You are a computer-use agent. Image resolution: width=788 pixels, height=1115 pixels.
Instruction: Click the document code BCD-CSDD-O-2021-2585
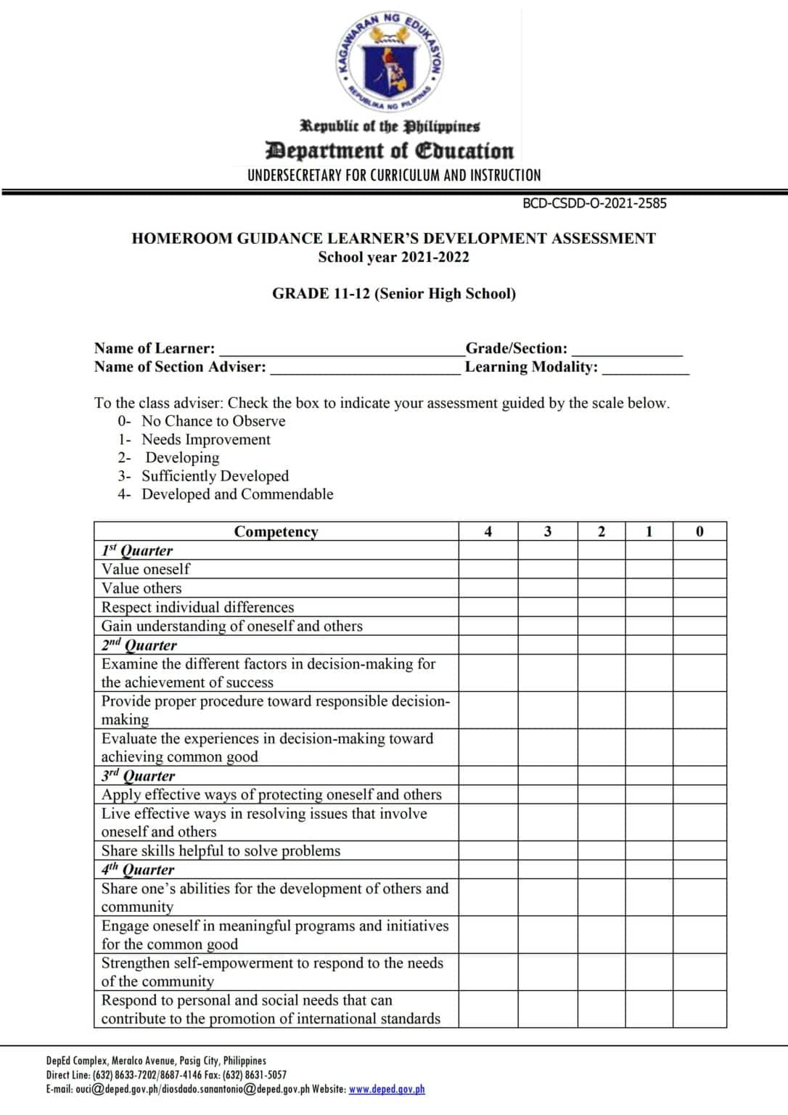point(594,204)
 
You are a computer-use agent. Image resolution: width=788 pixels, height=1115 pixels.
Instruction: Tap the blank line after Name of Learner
point(341,350)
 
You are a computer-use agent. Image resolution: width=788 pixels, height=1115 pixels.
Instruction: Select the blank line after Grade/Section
point(627,350)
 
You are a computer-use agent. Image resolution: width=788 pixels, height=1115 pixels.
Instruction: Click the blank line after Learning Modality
point(645,368)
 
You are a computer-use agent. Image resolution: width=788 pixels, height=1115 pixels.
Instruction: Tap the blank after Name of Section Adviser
point(365,368)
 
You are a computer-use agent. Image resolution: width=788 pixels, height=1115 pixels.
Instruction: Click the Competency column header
point(276,531)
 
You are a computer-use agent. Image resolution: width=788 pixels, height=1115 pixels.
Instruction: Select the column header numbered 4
point(488,531)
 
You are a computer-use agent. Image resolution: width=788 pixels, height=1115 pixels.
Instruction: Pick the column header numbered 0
point(699,531)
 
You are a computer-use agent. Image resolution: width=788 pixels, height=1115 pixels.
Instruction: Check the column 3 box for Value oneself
point(548,569)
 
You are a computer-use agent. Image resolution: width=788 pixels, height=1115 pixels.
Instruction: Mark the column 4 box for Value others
point(488,588)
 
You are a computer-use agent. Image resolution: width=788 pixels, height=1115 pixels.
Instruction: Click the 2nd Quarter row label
point(139,645)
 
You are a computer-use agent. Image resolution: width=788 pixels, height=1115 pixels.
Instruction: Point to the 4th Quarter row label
point(138,870)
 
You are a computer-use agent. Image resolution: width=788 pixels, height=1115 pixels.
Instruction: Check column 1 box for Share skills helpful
point(649,851)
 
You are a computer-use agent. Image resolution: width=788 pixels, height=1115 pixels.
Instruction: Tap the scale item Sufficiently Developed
point(215,476)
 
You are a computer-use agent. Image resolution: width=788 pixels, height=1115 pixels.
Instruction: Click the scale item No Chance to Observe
point(213,421)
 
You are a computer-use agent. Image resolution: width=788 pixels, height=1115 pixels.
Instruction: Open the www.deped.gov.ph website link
point(387,1090)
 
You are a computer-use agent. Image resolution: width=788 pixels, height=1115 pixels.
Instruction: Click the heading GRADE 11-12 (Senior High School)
point(394,294)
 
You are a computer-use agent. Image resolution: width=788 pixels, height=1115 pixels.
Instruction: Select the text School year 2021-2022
point(393,257)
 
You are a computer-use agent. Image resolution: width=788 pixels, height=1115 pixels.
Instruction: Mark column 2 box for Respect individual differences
point(602,607)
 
